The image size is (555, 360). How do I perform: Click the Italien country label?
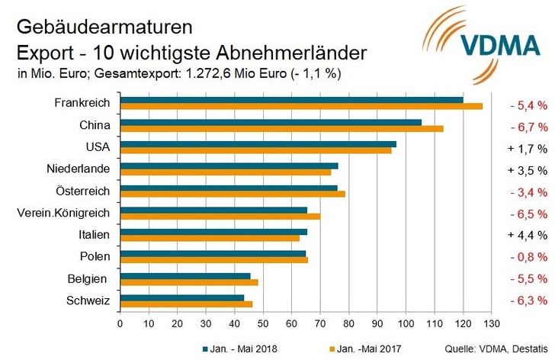click(95, 234)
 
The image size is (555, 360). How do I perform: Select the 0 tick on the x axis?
click(120, 323)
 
